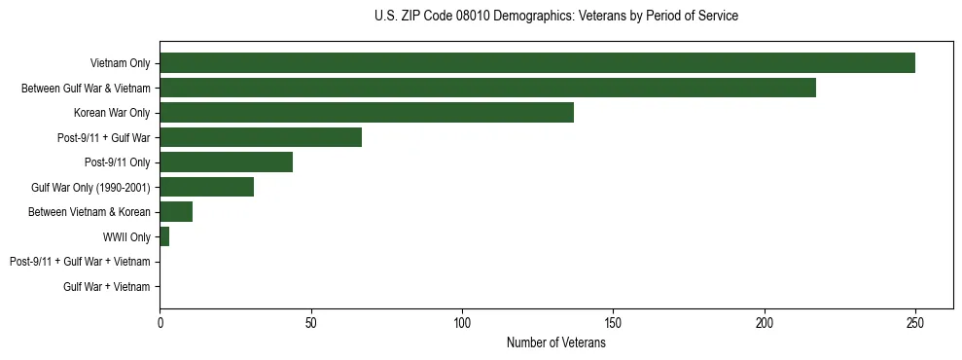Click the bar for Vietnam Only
tap(537, 63)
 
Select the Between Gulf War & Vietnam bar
tap(487, 88)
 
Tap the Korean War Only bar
tap(367, 112)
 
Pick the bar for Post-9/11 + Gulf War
tap(261, 137)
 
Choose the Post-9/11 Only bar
tap(226, 162)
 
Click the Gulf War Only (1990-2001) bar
tap(206, 187)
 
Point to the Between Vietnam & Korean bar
tap(176, 211)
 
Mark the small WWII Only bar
tap(164, 236)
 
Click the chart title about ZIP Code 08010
tap(555, 17)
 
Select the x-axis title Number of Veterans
tap(555, 343)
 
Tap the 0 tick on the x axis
tap(160, 321)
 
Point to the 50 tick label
tap(310, 321)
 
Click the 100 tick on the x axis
tap(462, 321)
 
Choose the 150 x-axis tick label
tap(613, 321)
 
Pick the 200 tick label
tap(765, 321)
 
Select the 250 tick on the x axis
tap(915, 321)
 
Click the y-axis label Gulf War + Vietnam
tap(106, 286)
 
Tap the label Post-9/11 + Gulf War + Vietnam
tap(80, 262)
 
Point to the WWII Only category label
tap(125, 236)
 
